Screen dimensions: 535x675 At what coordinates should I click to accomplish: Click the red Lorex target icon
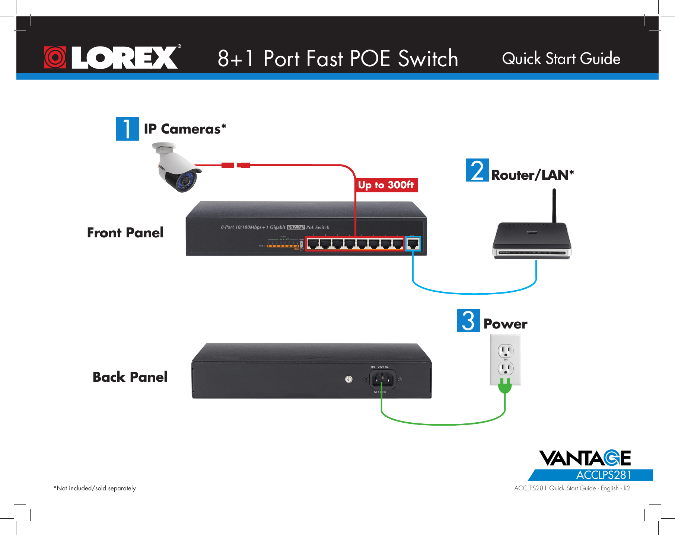(55, 57)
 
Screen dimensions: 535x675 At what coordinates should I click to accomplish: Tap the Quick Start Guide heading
(561, 59)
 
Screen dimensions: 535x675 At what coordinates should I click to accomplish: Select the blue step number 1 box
(127, 129)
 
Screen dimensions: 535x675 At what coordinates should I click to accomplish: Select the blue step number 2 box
(477, 170)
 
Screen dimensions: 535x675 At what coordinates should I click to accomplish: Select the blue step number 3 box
(468, 321)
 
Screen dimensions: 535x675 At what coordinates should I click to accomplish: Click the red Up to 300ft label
(386, 185)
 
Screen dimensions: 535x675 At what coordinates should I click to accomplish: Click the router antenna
(554, 205)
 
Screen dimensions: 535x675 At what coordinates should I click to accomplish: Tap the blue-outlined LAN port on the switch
(413, 244)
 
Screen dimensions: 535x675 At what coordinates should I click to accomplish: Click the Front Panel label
(125, 233)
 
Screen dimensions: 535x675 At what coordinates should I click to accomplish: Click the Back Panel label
(130, 377)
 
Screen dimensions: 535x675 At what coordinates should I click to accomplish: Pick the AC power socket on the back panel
(382, 379)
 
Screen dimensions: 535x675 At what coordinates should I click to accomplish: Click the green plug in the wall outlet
(504, 387)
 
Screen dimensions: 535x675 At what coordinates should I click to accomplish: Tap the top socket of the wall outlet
(505, 350)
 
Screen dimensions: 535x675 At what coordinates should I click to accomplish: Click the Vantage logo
(585, 458)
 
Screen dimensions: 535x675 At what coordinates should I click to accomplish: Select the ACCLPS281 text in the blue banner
(604, 475)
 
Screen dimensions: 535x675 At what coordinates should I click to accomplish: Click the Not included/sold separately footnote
(95, 488)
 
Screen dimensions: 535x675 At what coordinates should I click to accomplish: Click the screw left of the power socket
(348, 379)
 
